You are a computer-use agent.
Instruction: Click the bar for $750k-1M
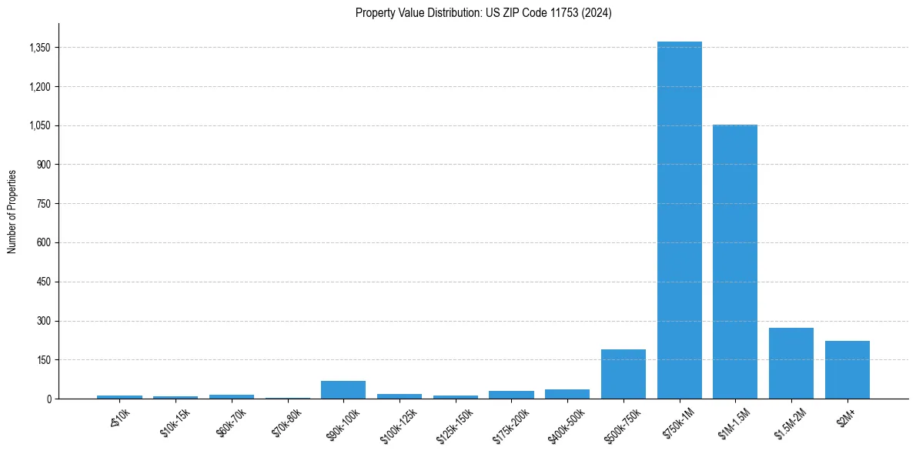679,220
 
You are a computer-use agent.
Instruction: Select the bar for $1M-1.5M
735,262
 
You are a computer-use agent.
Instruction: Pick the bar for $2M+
847,369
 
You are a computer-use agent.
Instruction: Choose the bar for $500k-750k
623,374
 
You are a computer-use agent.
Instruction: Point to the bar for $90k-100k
343,389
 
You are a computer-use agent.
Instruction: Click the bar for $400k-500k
567,394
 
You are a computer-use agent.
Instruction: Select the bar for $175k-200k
511,395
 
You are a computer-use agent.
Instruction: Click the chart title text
483,13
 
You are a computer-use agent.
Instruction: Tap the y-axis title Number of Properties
12,211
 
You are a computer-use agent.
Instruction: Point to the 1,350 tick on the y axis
39,48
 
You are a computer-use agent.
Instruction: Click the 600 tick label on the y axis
44,243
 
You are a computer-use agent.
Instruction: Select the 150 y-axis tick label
44,360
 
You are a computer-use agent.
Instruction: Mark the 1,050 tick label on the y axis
39,125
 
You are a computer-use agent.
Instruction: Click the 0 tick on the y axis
48,399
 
